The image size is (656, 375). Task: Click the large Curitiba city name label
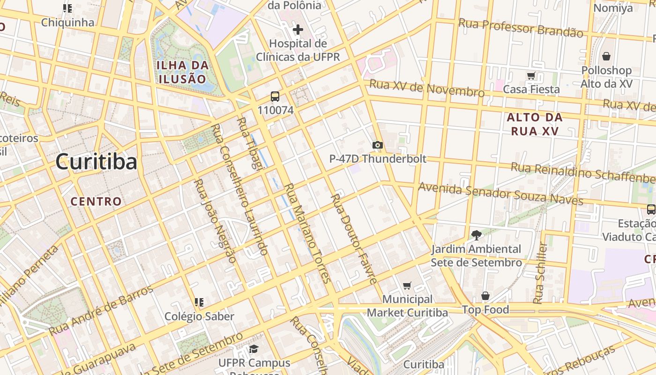pyautogui.click(x=96, y=162)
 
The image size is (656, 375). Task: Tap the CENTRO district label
pyautogui.click(x=96, y=202)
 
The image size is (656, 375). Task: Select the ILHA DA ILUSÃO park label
pyautogui.click(x=182, y=72)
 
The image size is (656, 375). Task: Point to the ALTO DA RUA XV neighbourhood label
pyautogui.click(x=535, y=124)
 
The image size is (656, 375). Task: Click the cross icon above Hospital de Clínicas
pyautogui.click(x=298, y=30)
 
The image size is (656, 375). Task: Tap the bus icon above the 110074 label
pyautogui.click(x=275, y=97)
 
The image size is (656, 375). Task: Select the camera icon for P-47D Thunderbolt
pyautogui.click(x=378, y=145)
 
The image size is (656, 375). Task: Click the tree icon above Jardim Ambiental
pyautogui.click(x=476, y=235)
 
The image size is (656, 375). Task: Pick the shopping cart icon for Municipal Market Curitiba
pyautogui.click(x=407, y=285)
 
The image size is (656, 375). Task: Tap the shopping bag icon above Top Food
pyautogui.click(x=485, y=296)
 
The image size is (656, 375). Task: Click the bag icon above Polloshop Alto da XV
pyautogui.click(x=606, y=56)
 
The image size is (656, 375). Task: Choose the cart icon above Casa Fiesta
pyautogui.click(x=531, y=75)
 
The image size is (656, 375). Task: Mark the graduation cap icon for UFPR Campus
pyautogui.click(x=253, y=349)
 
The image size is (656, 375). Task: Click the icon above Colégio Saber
pyautogui.click(x=199, y=302)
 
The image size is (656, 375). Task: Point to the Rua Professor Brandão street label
pyautogui.click(x=521, y=28)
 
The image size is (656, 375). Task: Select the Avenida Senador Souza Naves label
pyautogui.click(x=500, y=194)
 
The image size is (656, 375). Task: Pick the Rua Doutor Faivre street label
pyautogui.click(x=354, y=239)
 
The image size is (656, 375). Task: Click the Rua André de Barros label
pyautogui.click(x=101, y=309)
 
